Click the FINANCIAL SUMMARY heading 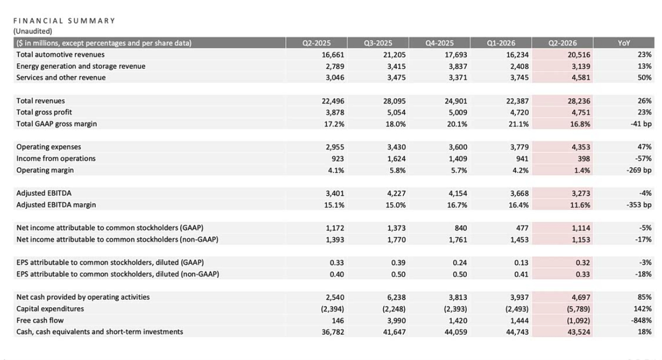pyautogui.click(x=64, y=20)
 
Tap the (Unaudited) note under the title pyautogui.click(x=32, y=31)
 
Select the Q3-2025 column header pyautogui.click(x=378, y=43)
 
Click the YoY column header pyautogui.click(x=624, y=43)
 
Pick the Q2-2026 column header pyautogui.click(x=562, y=43)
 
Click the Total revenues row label pyautogui.click(x=40, y=101)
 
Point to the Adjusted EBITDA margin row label pyautogui.click(x=56, y=205)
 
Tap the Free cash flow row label pyautogui.click(x=40, y=320)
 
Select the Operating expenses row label pyautogui.click(x=49, y=147)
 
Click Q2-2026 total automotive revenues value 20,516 pyautogui.click(x=578, y=54)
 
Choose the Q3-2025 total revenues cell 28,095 pyautogui.click(x=394, y=101)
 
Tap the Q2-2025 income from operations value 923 pyautogui.click(x=337, y=158)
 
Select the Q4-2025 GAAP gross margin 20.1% pyautogui.click(x=457, y=124)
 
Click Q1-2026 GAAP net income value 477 pyautogui.click(x=522, y=228)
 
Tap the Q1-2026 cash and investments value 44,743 pyautogui.click(x=517, y=332)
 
